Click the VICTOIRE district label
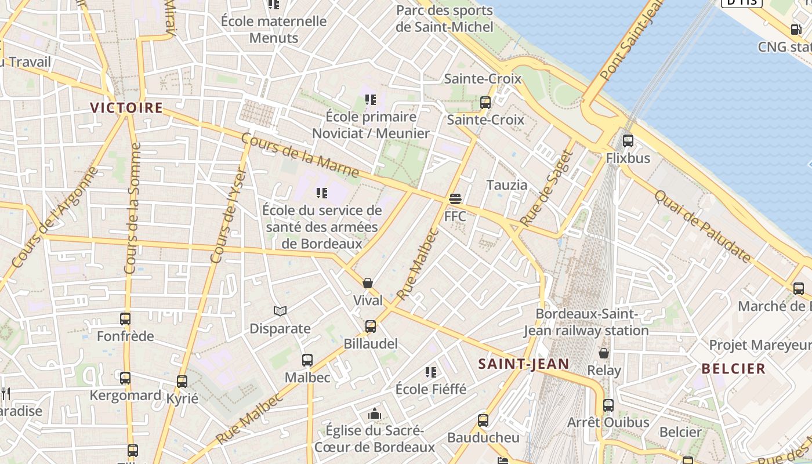pyautogui.click(x=126, y=107)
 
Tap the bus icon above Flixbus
pyautogui.click(x=628, y=140)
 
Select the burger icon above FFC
pyautogui.click(x=455, y=199)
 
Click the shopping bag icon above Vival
pyautogui.click(x=368, y=283)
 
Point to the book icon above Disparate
pyautogui.click(x=280, y=311)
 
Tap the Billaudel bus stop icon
pyautogui.click(x=371, y=327)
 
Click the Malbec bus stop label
pyautogui.click(x=307, y=378)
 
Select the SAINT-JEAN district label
pyautogui.click(x=524, y=364)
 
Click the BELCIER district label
pyautogui.click(x=733, y=368)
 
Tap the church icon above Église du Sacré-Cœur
pyautogui.click(x=375, y=414)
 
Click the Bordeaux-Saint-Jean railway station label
pyautogui.click(x=586, y=322)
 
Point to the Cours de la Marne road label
pyautogui.click(x=300, y=155)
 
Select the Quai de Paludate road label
pyautogui.click(x=702, y=226)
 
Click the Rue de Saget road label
pyautogui.click(x=546, y=188)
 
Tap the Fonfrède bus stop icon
pyautogui.click(x=125, y=318)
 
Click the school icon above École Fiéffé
pyautogui.click(x=430, y=372)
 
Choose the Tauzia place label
pyautogui.click(x=507, y=185)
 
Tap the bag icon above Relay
pyautogui.click(x=604, y=353)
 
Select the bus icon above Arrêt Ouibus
pyautogui.click(x=608, y=405)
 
